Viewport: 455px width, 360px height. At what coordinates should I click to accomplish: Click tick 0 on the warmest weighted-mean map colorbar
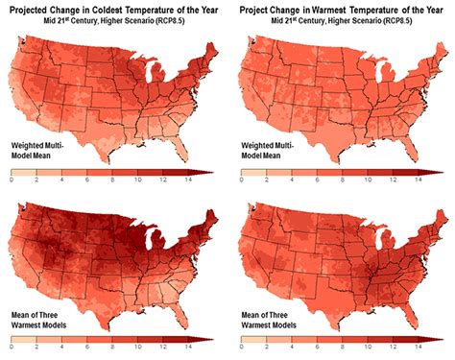[x=239, y=180]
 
